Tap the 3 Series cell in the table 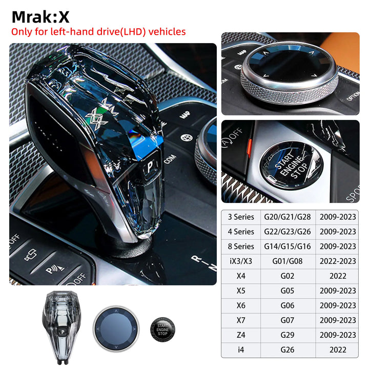coord(240,217)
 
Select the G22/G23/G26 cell coord(287,232)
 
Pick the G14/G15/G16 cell coord(287,247)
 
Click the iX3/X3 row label coord(240,261)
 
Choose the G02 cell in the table coord(287,276)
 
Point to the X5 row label coord(240,291)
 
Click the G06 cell coord(287,305)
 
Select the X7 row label coord(240,320)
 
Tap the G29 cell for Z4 coord(287,335)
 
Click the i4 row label coord(240,350)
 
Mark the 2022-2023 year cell coord(337,261)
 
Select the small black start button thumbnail coord(162,329)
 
